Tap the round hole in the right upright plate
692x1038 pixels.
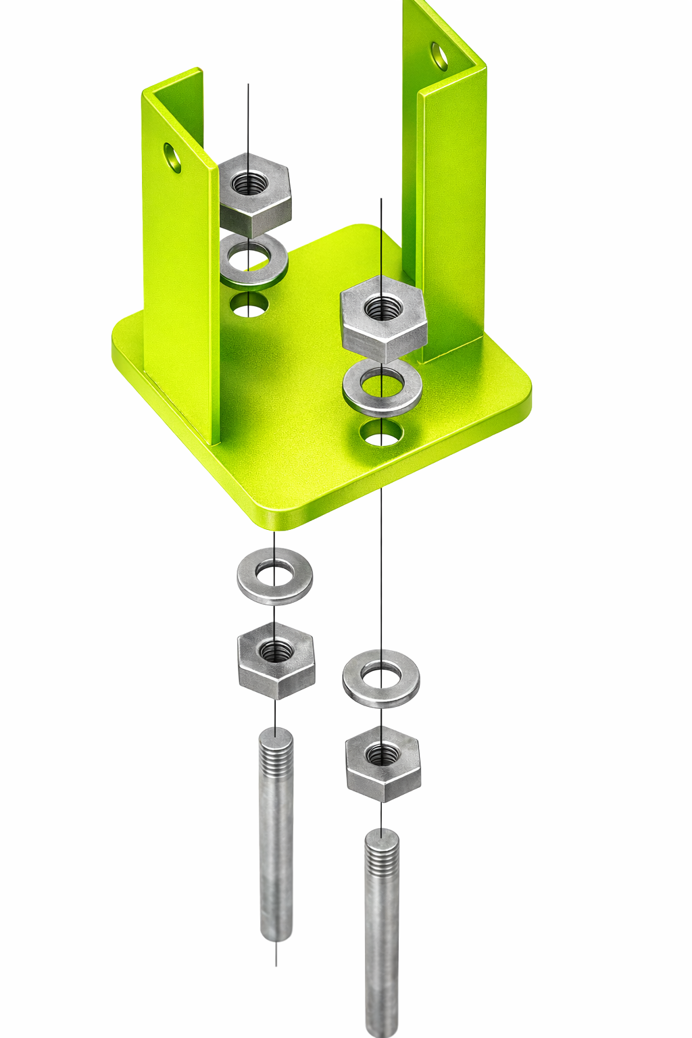[x=439, y=57]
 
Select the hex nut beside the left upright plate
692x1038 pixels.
[x=255, y=195]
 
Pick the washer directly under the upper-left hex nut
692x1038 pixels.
[x=253, y=259]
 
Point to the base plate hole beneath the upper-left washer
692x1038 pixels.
[x=249, y=305]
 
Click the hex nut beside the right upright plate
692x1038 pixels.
[x=384, y=318]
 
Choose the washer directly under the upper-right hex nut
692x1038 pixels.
[x=382, y=389]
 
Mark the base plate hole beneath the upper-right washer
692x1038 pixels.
[x=381, y=433]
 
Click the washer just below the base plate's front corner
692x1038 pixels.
[x=274, y=576]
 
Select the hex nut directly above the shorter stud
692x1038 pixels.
[x=276, y=661]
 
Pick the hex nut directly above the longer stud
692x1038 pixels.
[x=383, y=764]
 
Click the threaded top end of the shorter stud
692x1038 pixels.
[x=276, y=750]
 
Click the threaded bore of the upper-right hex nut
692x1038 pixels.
[x=383, y=308]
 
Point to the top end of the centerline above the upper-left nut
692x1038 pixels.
[x=248, y=85]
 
